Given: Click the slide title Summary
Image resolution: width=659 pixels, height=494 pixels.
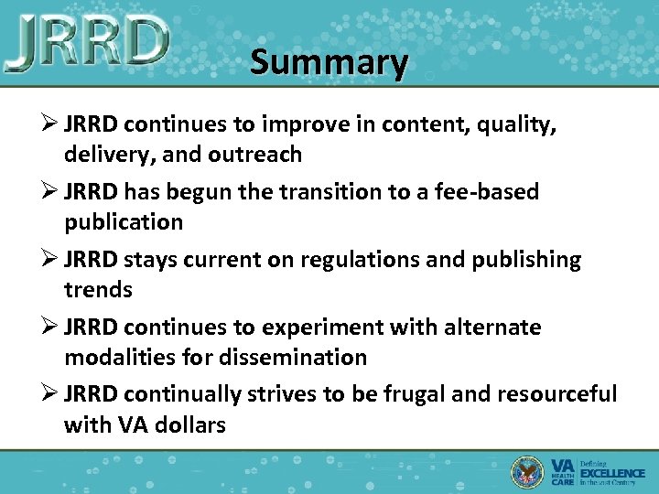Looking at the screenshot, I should pos(329,62).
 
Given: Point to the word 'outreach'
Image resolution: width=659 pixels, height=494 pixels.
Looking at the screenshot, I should pos(257,154).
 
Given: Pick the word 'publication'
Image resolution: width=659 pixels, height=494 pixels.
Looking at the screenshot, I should pos(124,222).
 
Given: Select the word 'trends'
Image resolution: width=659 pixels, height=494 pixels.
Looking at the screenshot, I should pos(98,290).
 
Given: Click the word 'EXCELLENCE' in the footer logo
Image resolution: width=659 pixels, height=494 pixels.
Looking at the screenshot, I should pos(613,473).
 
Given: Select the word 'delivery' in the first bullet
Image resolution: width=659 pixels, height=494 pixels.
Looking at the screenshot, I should pos(103,154).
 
